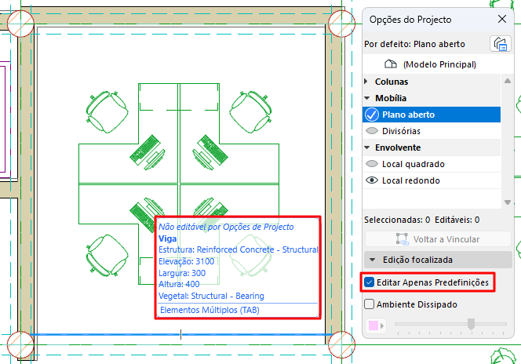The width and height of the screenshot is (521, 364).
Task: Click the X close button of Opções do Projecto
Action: tap(502, 19)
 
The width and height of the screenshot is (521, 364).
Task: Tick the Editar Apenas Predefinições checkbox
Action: tap(369, 282)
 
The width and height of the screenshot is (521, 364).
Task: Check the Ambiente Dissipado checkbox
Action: tap(369, 304)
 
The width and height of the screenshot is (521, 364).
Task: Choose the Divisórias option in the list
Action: tap(401, 131)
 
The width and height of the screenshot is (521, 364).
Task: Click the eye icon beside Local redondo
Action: tap(372, 180)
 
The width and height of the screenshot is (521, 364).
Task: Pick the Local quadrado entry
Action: tap(414, 164)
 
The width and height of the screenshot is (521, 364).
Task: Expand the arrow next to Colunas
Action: tap(366, 82)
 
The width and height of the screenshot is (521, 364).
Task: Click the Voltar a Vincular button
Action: tap(438, 239)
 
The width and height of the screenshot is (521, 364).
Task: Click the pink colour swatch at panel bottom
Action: tap(373, 326)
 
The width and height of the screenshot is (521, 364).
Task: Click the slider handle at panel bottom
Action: tap(471, 324)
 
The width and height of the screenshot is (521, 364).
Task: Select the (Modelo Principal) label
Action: tap(439, 64)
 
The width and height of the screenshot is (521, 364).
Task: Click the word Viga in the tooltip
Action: tap(167, 238)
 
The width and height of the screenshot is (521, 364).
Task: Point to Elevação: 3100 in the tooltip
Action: tap(187, 261)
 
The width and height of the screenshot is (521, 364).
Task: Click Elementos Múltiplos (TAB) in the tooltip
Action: tap(209, 310)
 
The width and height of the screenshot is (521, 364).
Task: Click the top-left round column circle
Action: tap(20, 24)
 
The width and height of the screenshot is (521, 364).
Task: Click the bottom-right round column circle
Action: tap(341, 344)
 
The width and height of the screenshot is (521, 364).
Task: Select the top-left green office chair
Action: tap(107, 112)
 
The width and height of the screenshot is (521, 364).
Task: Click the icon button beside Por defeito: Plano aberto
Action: tap(500, 44)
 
